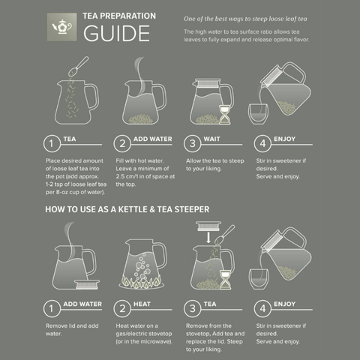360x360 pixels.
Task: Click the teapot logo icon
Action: (x=61, y=27)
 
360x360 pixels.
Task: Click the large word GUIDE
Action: (x=117, y=34)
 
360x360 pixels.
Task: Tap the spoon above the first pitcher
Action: (x=78, y=67)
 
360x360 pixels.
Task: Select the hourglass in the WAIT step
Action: (x=225, y=115)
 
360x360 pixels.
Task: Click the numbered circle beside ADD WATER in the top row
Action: (x=122, y=143)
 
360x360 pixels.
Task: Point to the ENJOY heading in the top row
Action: (x=284, y=139)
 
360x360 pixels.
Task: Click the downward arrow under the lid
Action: (x=208, y=238)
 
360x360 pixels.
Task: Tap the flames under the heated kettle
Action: (x=141, y=283)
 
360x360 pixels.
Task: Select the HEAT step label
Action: (x=142, y=304)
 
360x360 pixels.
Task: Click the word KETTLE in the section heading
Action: (x=133, y=209)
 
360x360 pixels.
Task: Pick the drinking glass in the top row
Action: (x=258, y=114)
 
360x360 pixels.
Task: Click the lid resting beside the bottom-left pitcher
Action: (x=87, y=284)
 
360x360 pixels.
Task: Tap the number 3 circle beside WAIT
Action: (x=192, y=143)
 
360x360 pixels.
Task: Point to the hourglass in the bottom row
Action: (x=225, y=280)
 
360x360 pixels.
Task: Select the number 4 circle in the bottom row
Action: (x=262, y=308)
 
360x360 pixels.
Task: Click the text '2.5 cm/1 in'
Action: (x=130, y=176)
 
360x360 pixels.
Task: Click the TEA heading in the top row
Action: (x=70, y=139)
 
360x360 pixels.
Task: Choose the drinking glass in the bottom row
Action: (x=259, y=279)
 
